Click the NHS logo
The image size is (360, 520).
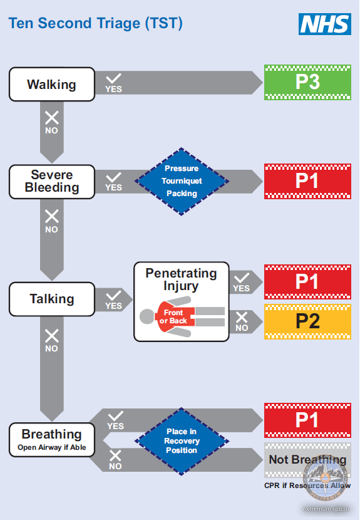coord(325,24)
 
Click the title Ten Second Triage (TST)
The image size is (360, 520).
coord(95,24)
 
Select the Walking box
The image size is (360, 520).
coord(52,84)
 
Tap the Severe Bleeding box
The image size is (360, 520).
coord(52,182)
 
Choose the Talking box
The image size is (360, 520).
coord(52,299)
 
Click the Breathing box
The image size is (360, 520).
coord(52,440)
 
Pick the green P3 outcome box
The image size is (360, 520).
coord(307,82)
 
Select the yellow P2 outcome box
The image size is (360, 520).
coord(307,321)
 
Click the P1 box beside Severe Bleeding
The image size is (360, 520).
coord(307,181)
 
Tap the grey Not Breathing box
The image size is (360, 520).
coord(307,460)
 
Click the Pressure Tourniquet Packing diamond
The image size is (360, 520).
coord(182,182)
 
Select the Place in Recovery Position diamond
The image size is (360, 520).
coord(182,441)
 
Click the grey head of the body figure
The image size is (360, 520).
coord(147,316)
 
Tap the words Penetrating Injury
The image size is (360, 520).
coord(182,279)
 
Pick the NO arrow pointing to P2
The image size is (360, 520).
coord(246,321)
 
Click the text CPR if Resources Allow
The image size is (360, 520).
coord(307,486)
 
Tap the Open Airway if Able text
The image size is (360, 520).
coord(52,447)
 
